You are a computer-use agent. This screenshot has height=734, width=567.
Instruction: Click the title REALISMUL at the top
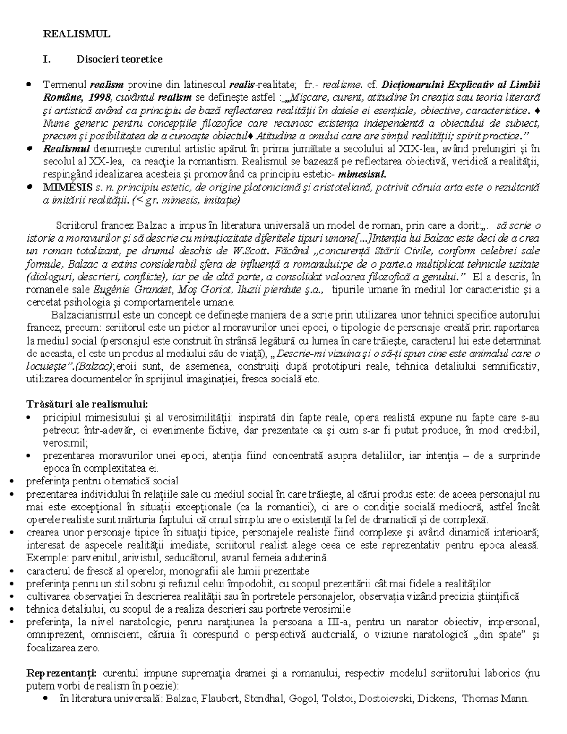77,34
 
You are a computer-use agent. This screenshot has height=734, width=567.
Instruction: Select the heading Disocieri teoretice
119,59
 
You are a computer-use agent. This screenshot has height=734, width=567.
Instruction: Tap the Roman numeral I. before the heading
46,59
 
